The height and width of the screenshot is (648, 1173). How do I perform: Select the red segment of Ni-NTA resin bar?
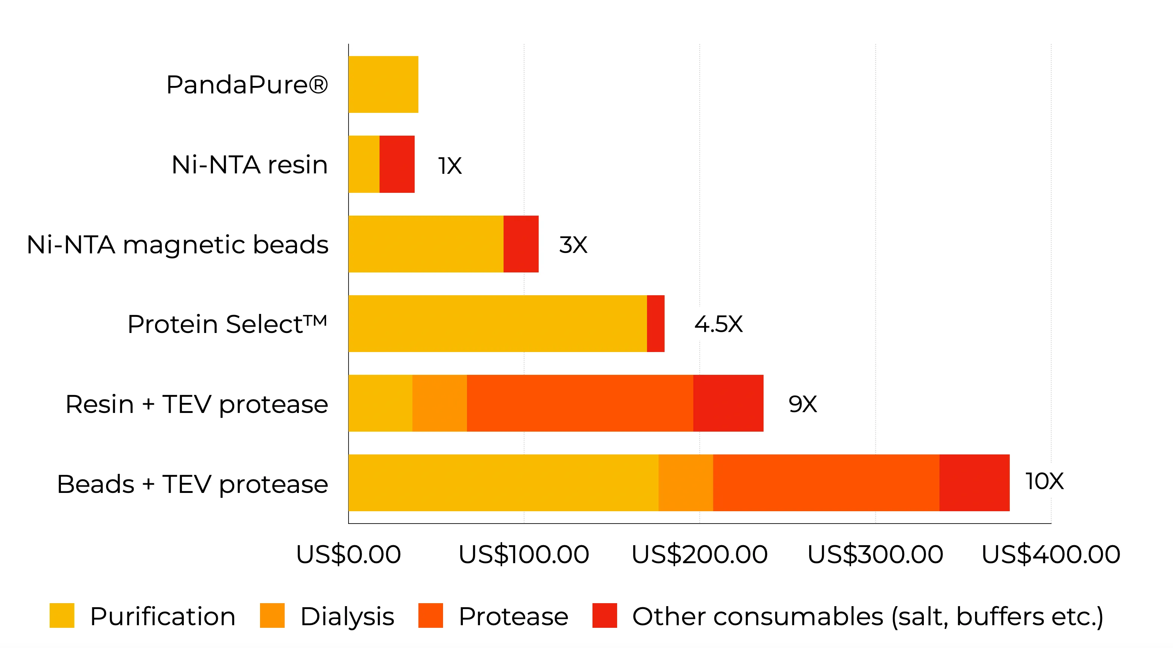(x=397, y=164)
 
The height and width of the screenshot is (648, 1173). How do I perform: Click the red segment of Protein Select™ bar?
(x=655, y=323)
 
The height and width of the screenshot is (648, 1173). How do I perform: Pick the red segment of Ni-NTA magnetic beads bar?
(x=520, y=244)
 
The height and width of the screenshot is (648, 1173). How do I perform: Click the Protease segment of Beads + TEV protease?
(x=826, y=483)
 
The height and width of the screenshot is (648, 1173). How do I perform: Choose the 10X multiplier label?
(x=1044, y=481)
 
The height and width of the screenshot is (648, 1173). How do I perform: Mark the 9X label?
(x=802, y=404)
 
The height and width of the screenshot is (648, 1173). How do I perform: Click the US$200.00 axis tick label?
(x=699, y=554)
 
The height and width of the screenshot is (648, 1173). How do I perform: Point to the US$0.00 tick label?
(x=348, y=554)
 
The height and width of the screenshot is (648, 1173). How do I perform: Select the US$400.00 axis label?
(x=1050, y=554)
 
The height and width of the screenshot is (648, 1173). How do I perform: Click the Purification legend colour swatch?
(x=62, y=615)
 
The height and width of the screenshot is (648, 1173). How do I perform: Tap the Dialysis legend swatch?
(x=272, y=615)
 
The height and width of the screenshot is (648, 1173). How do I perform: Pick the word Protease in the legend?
(x=513, y=617)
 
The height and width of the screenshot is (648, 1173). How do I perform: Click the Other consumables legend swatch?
(x=604, y=615)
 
